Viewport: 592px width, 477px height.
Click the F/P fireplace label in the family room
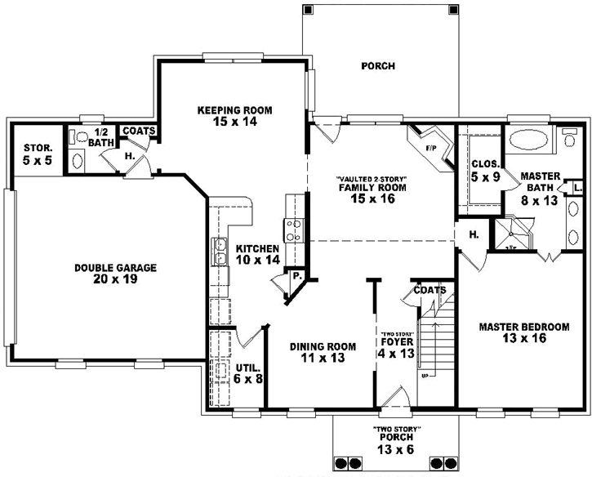pos(430,148)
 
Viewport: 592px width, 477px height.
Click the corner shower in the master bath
pos(512,230)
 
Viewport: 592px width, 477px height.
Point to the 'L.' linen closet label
pos(577,187)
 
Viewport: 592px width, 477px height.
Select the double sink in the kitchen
pos(219,252)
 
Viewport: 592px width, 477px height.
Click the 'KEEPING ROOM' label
pos(235,109)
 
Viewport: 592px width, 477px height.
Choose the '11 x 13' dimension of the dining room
pos(323,359)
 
